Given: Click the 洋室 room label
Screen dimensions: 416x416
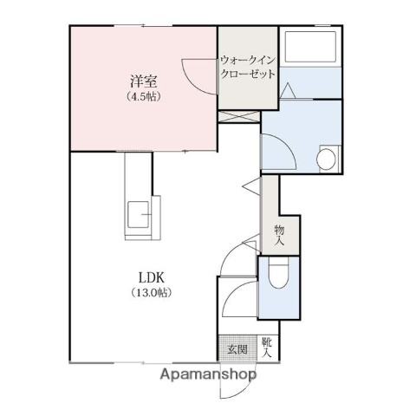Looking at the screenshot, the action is click(143, 81).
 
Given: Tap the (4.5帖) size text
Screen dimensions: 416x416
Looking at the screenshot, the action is click(144, 96).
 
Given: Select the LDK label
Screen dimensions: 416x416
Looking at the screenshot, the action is click(152, 278).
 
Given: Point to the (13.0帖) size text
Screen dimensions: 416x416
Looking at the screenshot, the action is click(152, 293).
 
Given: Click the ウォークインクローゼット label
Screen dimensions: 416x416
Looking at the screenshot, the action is click(248, 67).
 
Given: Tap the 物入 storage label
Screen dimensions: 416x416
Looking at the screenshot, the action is click(279, 235).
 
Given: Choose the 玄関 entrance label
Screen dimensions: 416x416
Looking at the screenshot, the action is click(237, 349).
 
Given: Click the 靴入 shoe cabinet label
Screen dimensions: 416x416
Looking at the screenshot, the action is click(267, 348).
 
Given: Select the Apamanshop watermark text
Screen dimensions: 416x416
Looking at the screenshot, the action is click(208, 374).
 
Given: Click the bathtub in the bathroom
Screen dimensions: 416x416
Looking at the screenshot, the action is click(310, 46).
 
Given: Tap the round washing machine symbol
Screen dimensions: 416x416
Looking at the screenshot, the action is click(326, 159).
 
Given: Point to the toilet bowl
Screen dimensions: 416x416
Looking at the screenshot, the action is click(278, 272).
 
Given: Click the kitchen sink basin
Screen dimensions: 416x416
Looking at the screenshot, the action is click(139, 214).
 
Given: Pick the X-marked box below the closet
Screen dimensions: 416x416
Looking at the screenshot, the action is click(239, 116).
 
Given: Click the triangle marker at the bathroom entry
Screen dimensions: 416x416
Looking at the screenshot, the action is click(288, 90).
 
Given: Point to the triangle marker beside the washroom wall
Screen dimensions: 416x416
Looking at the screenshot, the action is click(252, 185).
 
